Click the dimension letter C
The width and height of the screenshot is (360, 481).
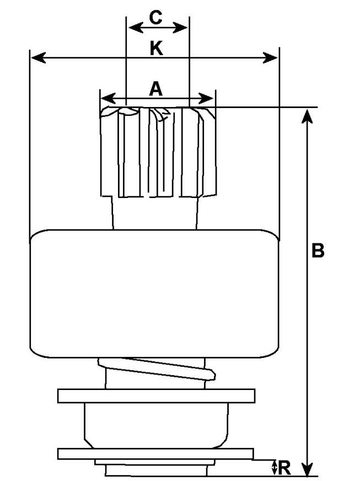pos(156,17)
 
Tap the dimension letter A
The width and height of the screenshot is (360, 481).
pos(157,88)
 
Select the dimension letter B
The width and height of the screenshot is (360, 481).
pos(318,251)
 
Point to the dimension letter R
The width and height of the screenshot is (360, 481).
pos(284,468)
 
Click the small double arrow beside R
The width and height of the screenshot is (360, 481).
pos(274,468)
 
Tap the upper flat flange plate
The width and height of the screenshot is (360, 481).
pos(156,396)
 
